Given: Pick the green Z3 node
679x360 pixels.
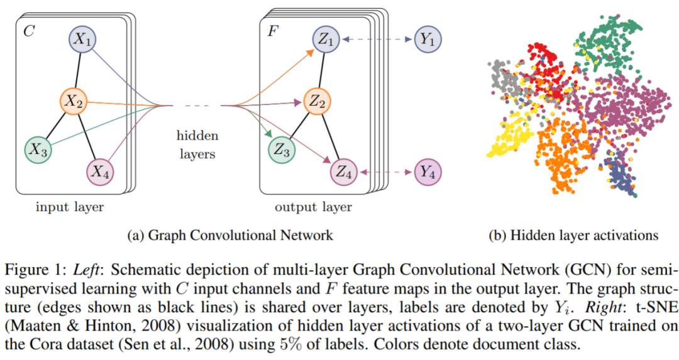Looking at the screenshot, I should tap(282, 150).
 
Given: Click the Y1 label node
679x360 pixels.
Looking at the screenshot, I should tap(428, 40).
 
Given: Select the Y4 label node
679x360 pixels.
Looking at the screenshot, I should tap(428, 170).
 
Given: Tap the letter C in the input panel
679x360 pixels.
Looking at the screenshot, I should tap(29, 31).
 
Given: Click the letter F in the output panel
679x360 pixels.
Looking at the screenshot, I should tap(272, 31).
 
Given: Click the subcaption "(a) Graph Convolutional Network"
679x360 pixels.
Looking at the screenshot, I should tap(230, 236).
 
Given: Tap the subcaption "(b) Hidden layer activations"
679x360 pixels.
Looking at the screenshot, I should tap(573, 236).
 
